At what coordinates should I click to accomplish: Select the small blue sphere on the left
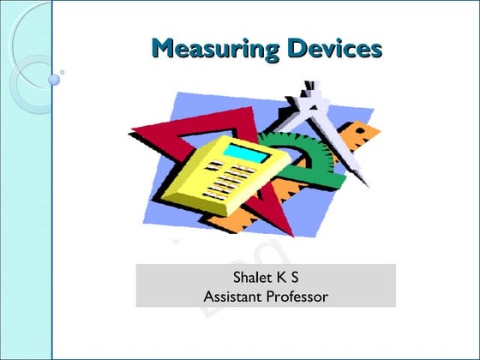tap(55, 80)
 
